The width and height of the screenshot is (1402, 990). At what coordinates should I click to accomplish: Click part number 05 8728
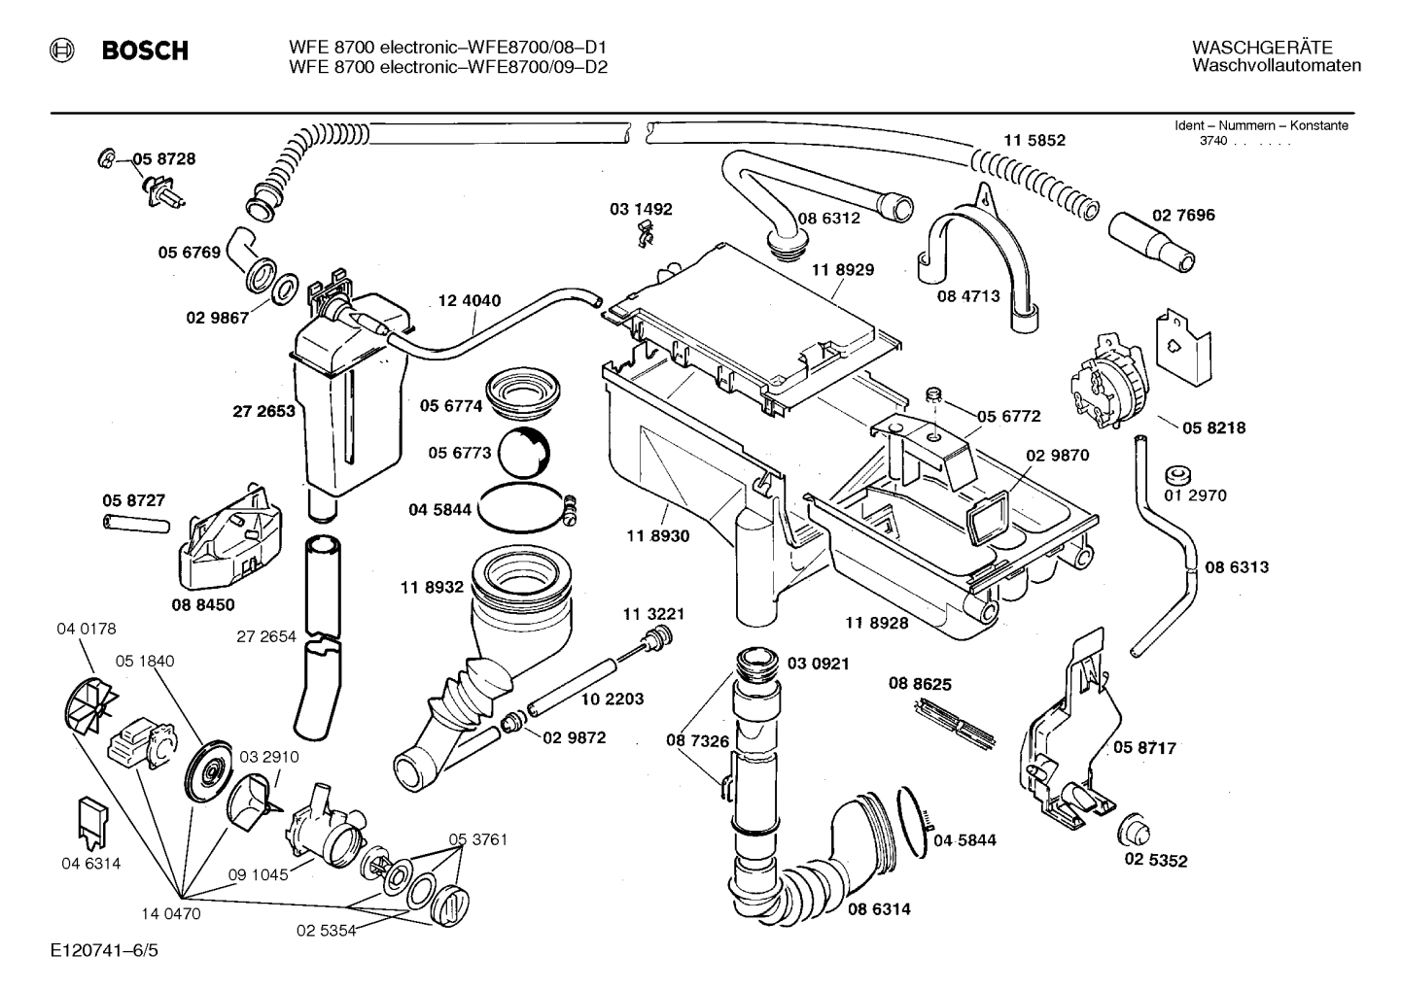coord(163,159)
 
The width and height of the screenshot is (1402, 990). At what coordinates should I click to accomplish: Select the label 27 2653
coord(263,411)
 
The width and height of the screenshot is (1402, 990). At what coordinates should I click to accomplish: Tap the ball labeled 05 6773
coord(525,452)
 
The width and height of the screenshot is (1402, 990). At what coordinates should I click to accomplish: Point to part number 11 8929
coord(843,271)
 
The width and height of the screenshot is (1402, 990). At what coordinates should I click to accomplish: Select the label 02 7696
coord(1183,215)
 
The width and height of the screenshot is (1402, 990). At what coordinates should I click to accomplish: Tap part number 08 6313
coord(1237,566)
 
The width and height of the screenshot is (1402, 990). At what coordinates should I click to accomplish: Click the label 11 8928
coord(876,623)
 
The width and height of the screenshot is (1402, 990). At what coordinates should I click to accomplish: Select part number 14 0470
coord(170,913)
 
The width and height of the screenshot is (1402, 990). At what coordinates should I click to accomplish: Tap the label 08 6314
coord(879,909)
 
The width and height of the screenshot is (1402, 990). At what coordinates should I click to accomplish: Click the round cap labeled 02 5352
coord(1135,832)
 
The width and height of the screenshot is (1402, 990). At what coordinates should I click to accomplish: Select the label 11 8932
coord(430,588)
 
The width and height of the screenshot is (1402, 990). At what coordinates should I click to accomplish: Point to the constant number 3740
coord(1213,142)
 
